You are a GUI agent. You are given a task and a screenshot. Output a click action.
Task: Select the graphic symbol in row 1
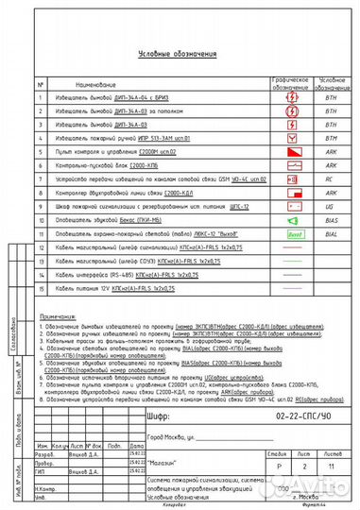tap(292, 97)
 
